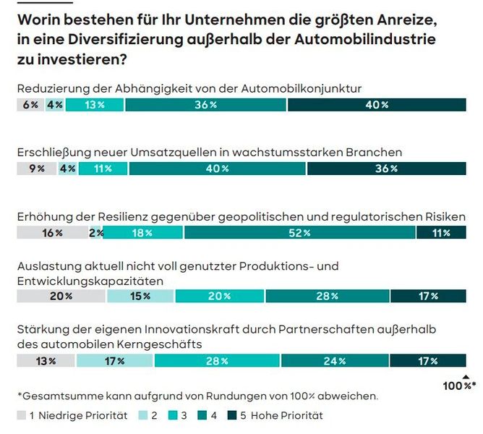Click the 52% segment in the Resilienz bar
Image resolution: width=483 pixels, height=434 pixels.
pos(299,233)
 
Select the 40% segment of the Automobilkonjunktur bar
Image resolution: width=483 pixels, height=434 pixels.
pos(376,105)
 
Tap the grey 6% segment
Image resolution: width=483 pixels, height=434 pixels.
pos(30,105)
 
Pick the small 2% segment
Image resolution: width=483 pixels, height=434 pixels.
pos(96,233)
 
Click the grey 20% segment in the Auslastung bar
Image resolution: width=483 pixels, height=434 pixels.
pos(61,296)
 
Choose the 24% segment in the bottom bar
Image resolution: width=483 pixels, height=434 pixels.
pos(335,361)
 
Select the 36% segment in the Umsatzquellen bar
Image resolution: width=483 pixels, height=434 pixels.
pos(386,169)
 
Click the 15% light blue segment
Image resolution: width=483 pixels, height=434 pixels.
pos(140,296)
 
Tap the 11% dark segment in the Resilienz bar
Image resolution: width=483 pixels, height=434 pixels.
pos(440,233)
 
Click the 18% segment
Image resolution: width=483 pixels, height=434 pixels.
pos(143,233)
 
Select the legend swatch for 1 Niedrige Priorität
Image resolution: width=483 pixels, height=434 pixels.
pos(22,415)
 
